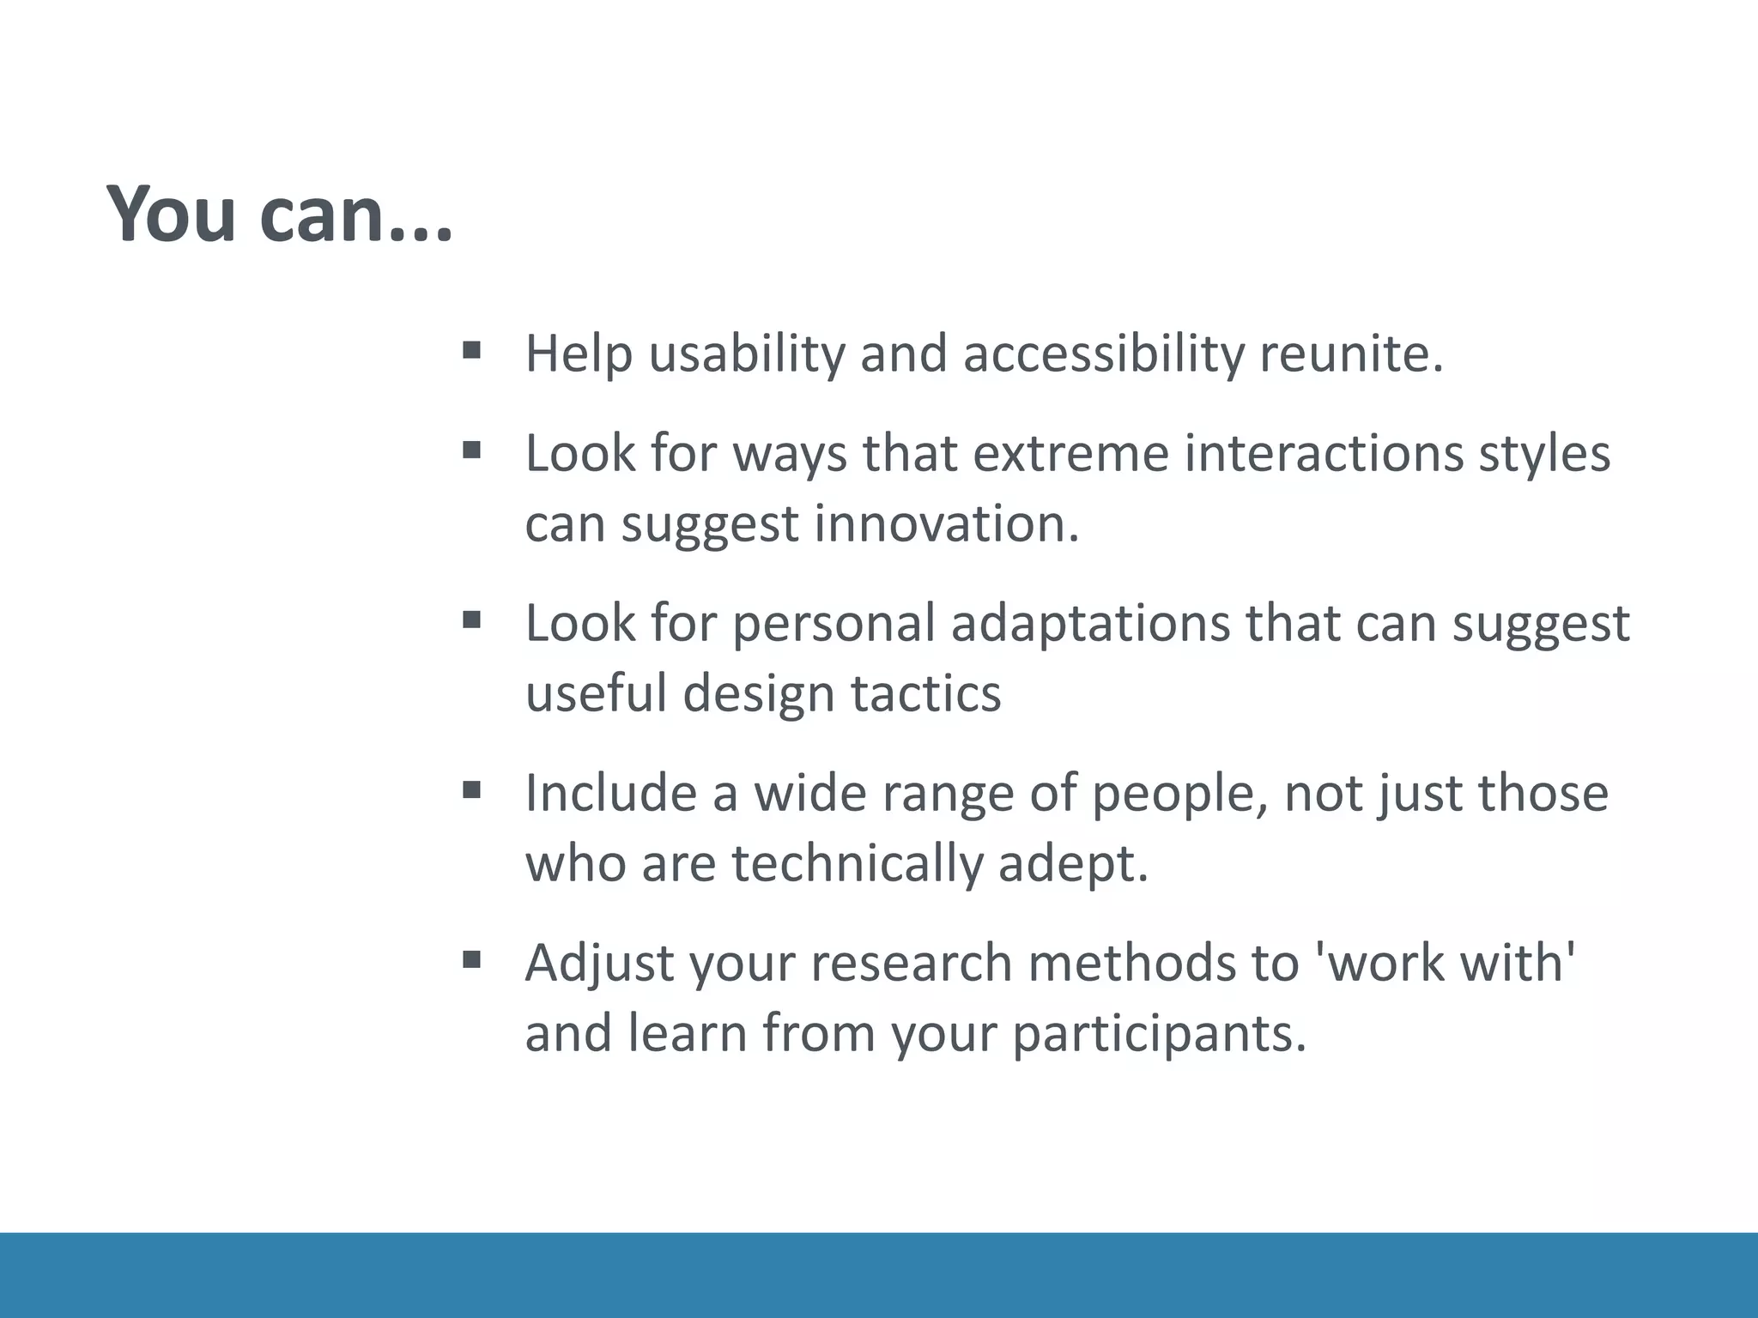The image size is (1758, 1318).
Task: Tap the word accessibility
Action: coord(1102,354)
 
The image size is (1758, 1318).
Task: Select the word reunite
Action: coord(1351,354)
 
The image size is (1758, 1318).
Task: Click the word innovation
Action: coord(946,523)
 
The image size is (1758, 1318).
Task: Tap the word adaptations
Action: coord(1090,623)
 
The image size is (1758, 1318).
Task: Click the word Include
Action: coord(610,793)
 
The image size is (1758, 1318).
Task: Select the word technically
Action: coord(857,863)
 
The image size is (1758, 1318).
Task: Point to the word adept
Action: coord(1073,863)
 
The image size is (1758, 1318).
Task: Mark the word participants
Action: coord(1159,1033)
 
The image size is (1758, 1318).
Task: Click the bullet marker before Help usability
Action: coord(471,350)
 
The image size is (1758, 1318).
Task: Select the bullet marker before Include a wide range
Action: coord(471,789)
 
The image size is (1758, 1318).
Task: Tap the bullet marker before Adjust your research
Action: coord(471,959)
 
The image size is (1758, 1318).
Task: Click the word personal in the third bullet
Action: coord(833,623)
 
